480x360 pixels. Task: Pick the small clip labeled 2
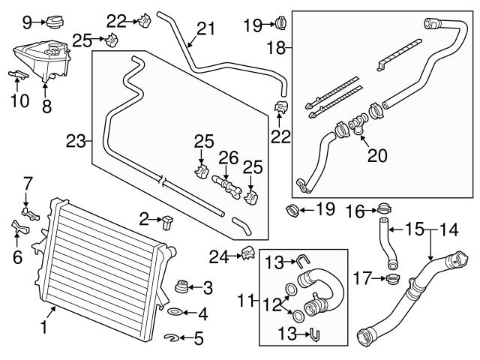166,220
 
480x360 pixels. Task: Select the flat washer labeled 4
172,311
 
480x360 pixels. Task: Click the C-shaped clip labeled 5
171,338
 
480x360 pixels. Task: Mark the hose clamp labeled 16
382,208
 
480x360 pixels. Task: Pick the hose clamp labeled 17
390,280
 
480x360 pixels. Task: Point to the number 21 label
205,29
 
